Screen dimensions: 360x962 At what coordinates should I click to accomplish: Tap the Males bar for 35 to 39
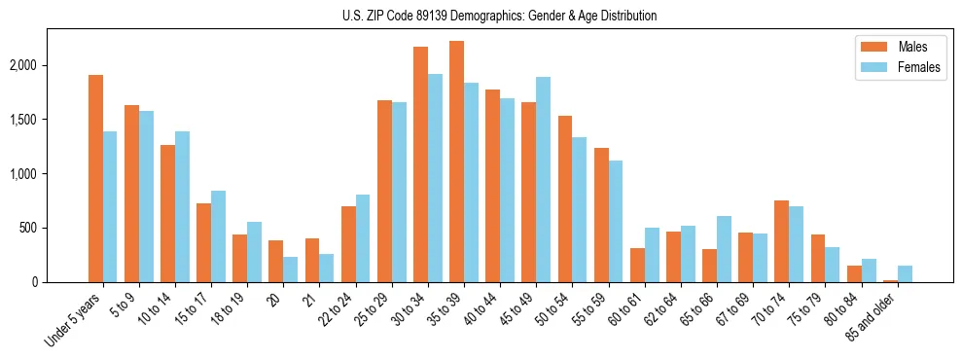click(456, 162)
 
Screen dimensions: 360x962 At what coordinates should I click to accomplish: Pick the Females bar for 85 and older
click(905, 273)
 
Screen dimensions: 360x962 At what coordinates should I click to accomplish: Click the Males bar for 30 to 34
click(420, 164)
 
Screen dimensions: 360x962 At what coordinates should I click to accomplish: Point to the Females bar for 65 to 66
click(724, 249)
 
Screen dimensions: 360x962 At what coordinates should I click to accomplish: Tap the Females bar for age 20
click(291, 270)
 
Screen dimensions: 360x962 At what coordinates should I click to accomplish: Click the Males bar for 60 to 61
click(637, 265)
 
